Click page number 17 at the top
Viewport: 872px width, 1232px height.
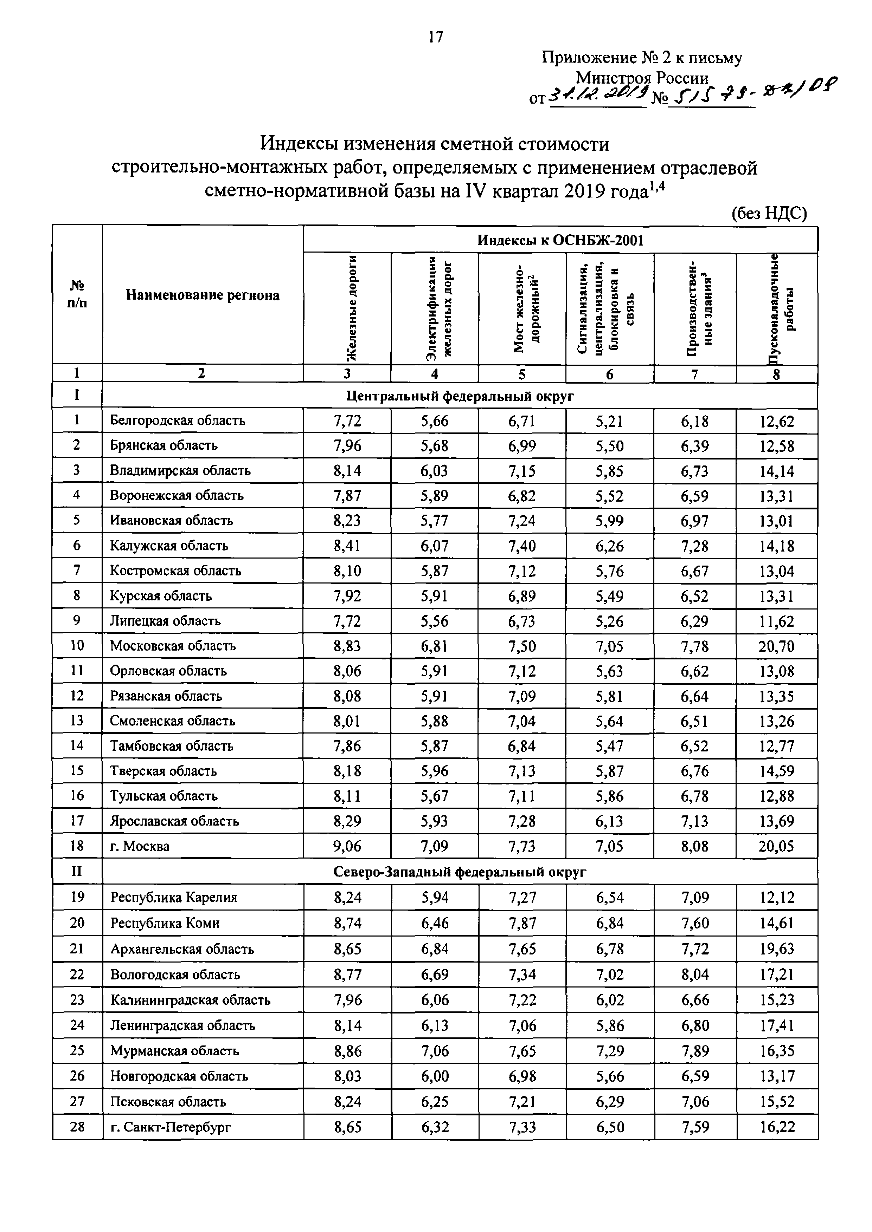[x=435, y=37]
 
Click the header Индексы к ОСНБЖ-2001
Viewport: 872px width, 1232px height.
[x=560, y=240]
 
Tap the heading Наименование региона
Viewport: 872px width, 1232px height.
[x=203, y=295]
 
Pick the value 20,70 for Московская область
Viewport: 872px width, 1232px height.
[x=776, y=647]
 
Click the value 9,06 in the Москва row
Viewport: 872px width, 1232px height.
[x=347, y=847]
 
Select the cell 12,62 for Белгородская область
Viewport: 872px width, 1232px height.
[x=776, y=421]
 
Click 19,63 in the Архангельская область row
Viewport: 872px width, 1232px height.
[x=776, y=949]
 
